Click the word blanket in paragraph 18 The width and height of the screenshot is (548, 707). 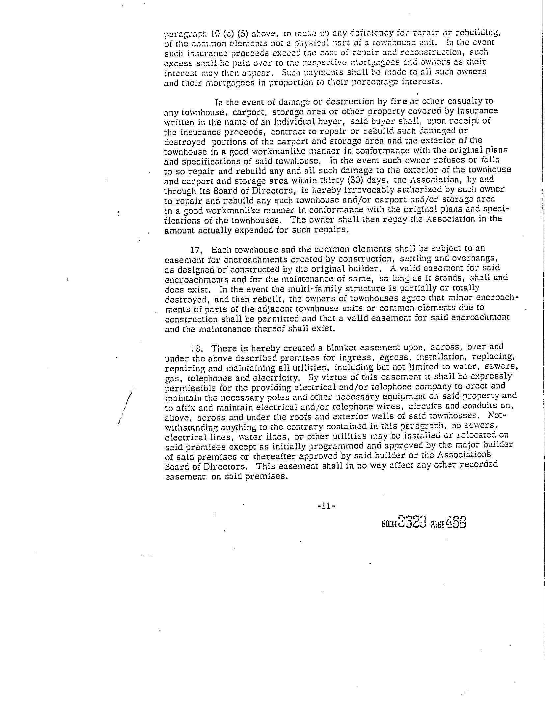[340, 348]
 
